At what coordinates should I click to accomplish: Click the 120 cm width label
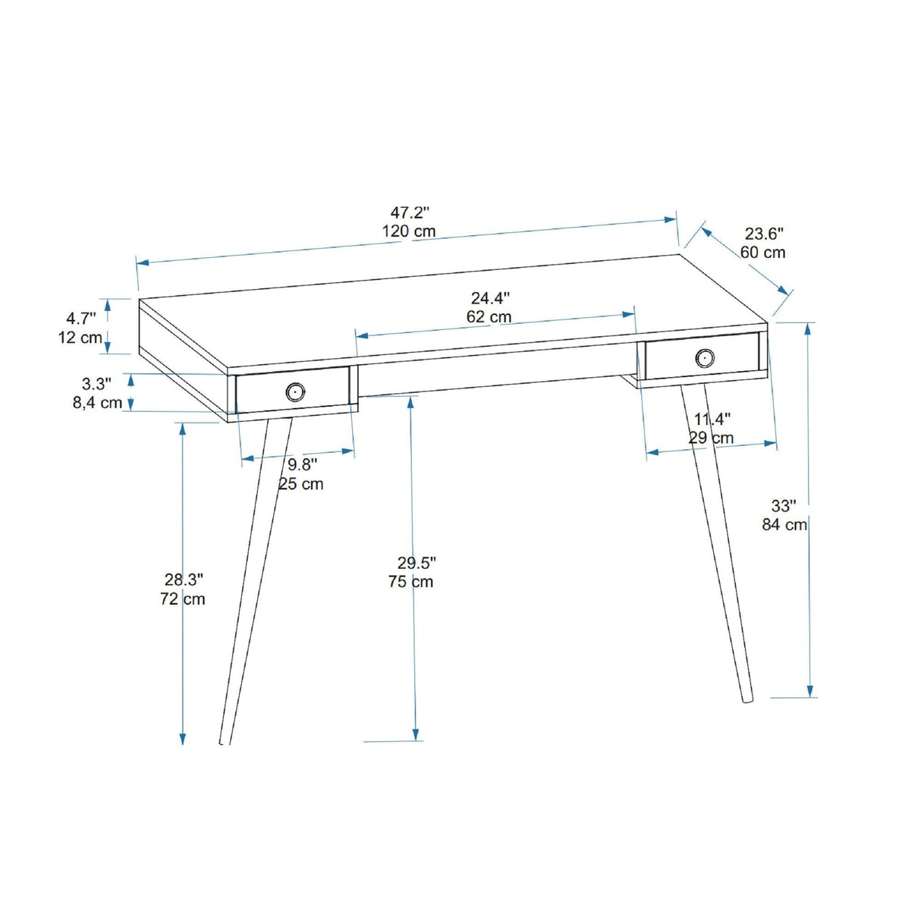(x=409, y=231)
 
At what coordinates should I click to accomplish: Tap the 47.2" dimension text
(x=410, y=212)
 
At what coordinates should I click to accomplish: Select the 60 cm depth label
(x=762, y=253)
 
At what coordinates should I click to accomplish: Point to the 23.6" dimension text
(x=763, y=234)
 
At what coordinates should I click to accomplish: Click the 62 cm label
(x=489, y=317)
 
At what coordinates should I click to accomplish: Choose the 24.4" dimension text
(x=490, y=298)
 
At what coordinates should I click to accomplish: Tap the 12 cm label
(x=80, y=338)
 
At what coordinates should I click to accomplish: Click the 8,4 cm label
(x=97, y=403)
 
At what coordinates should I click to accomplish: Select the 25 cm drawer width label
(x=301, y=484)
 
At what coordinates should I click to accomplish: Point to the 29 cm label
(x=712, y=438)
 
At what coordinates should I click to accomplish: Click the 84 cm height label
(x=784, y=524)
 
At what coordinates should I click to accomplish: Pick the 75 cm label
(x=410, y=582)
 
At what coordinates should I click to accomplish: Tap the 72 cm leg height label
(x=183, y=599)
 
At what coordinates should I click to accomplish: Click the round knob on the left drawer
(x=295, y=391)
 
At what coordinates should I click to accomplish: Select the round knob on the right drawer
(x=704, y=357)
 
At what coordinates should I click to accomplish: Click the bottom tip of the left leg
(x=225, y=743)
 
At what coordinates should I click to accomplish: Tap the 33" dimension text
(x=784, y=506)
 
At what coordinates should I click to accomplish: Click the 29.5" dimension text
(x=416, y=563)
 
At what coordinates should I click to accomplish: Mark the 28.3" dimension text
(x=184, y=580)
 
